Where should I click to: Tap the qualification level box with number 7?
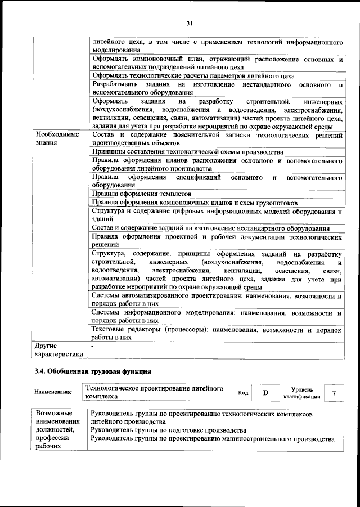pos(335,392)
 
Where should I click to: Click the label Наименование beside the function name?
pos(53,392)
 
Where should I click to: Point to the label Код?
pos(243,393)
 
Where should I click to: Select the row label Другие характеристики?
pos(58,349)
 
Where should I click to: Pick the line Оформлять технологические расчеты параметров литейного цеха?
pos(193,76)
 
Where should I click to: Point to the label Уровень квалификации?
pos(298,392)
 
